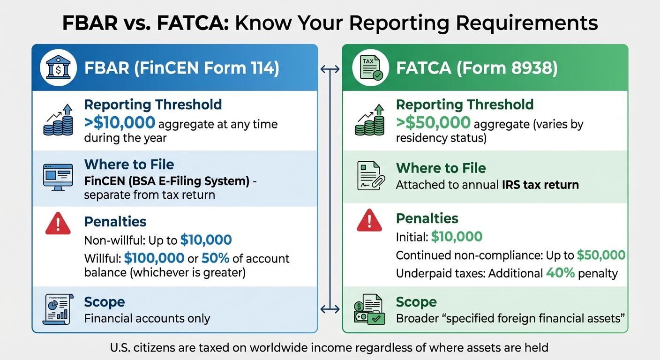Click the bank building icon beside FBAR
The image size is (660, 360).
coord(58,68)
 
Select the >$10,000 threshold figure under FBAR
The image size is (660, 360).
coord(120,123)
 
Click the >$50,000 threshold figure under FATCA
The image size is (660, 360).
coord(433,123)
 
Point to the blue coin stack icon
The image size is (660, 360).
coord(58,120)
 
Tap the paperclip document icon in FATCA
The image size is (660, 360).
coord(370,176)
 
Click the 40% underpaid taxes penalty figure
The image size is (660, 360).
coord(560,273)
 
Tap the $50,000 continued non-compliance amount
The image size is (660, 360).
coord(601,255)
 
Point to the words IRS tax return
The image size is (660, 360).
coord(539,185)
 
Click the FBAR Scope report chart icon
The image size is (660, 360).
coord(56,308)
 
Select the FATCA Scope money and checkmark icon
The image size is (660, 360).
coord(369,309)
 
